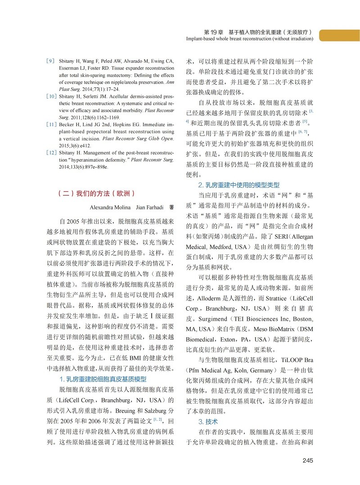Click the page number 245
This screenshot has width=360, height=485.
click(307, 460)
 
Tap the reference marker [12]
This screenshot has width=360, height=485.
click(51, 153)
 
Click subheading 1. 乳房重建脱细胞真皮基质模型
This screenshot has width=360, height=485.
click(103, 379)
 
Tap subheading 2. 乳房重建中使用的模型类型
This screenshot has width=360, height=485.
click(239, 185)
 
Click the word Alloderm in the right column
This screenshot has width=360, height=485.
click(211, 299)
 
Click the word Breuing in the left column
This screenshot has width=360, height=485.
click(122, 412)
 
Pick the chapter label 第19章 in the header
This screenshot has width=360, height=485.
click(214, 32)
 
